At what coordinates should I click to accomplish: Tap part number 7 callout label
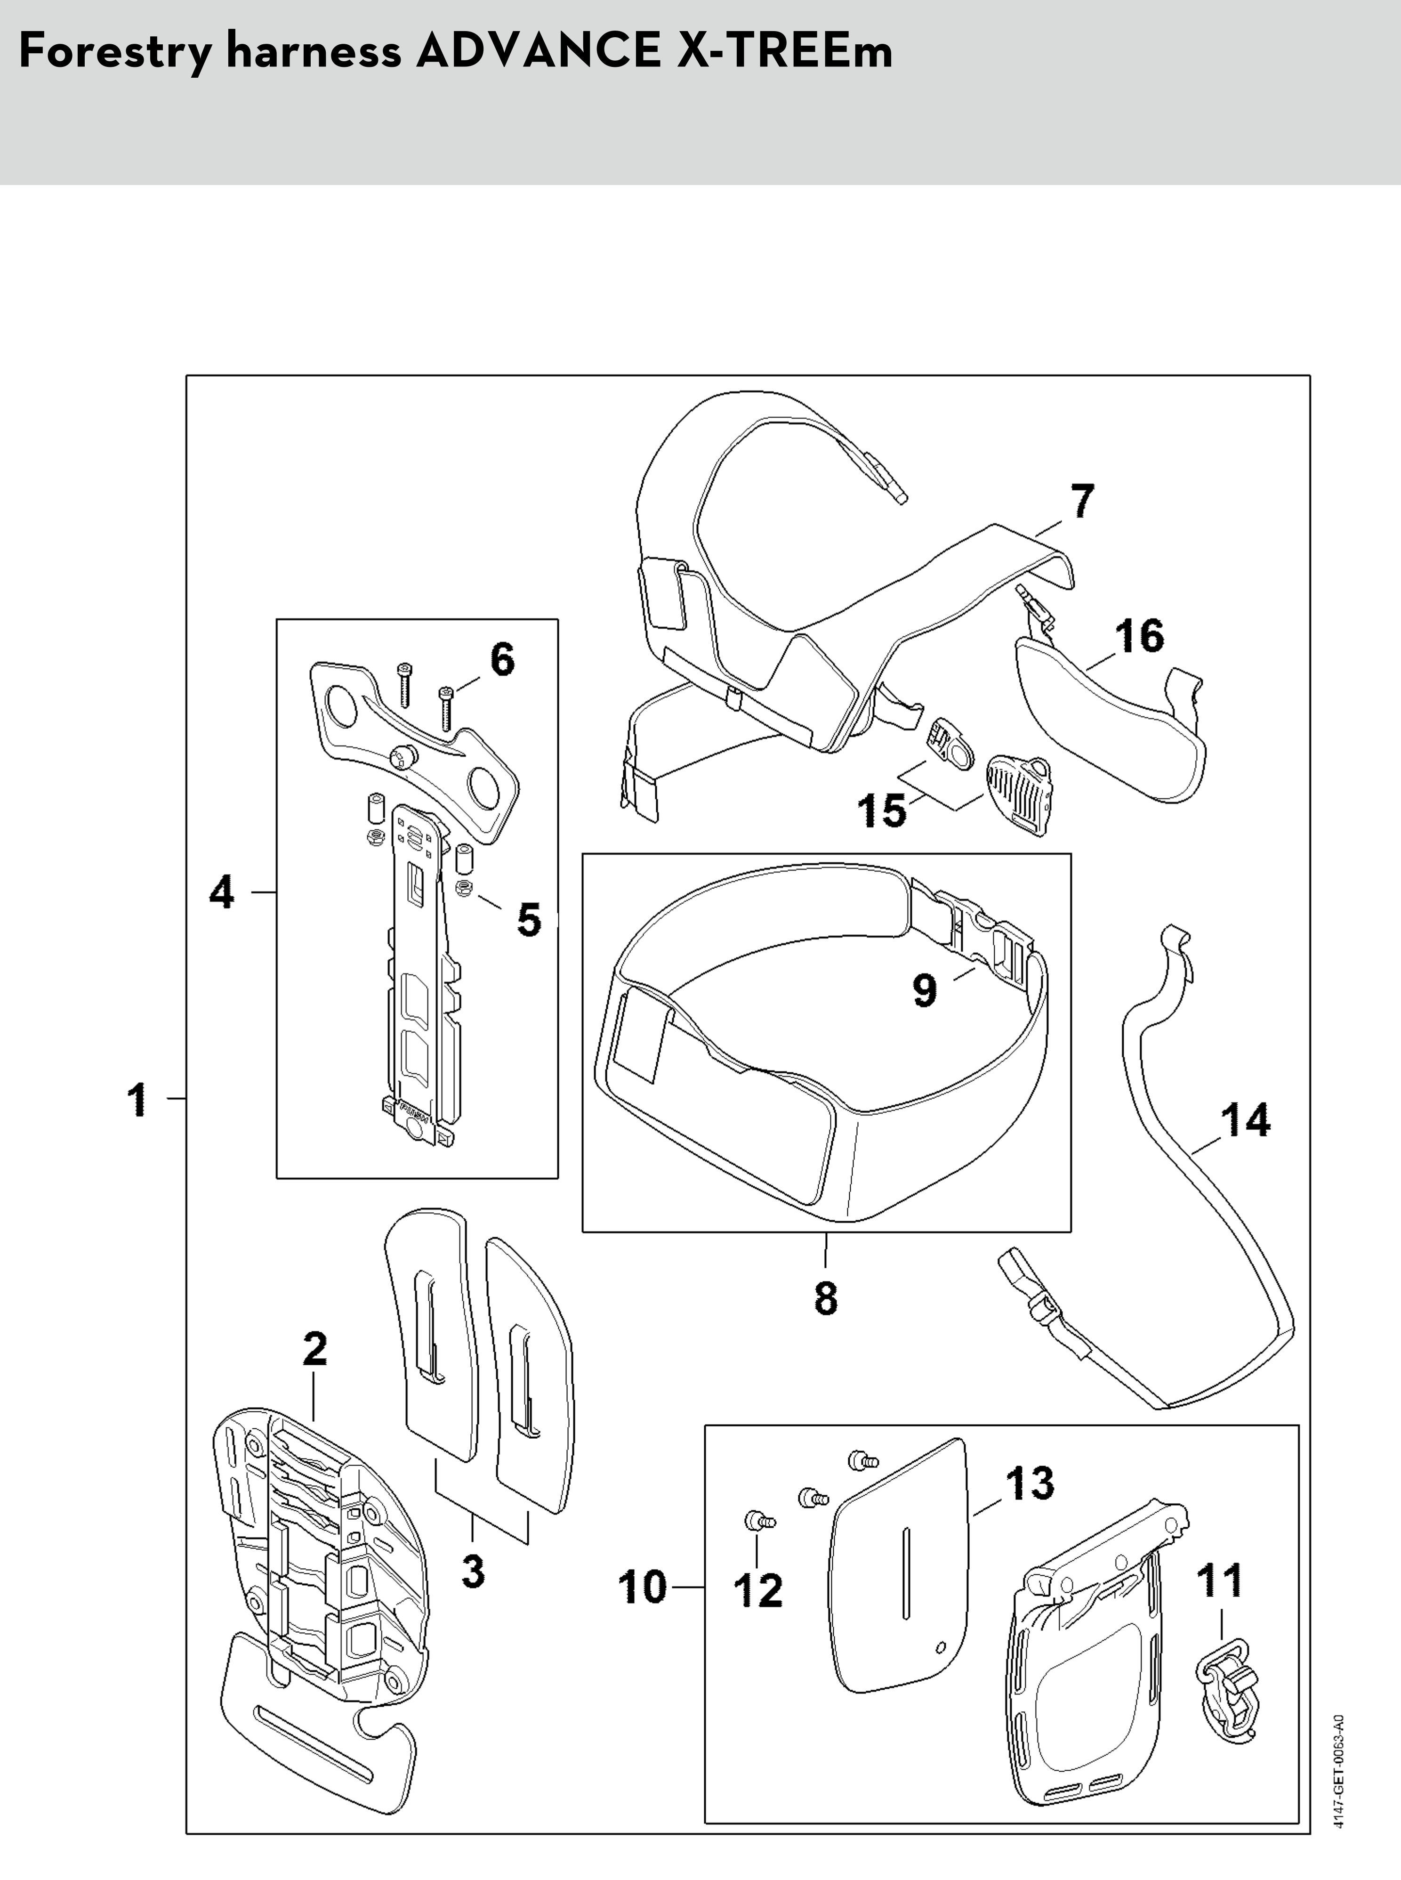[x=1082, y=502]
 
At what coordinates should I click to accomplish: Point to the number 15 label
[x=882, y=810]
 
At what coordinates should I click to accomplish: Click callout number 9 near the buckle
[x=925, y=989]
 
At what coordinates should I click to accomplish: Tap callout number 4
[x=222, y=892]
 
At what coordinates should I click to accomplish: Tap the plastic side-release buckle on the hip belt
[x=974, y=932]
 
